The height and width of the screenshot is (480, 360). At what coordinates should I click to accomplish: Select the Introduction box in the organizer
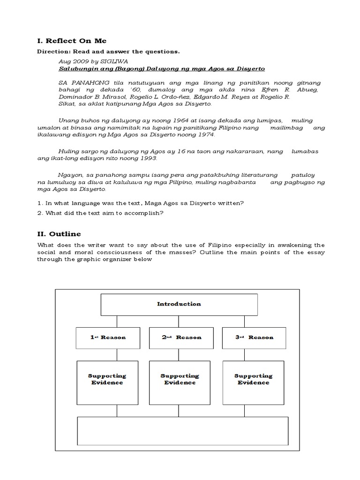[x=179, y=304]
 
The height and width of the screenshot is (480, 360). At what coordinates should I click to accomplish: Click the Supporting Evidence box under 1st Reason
[x=107, y=382]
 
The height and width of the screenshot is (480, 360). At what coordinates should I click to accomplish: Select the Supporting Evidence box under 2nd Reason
[x=180, y=382]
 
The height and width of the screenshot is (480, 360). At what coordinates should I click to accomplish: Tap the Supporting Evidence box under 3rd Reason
[x=254, y=382]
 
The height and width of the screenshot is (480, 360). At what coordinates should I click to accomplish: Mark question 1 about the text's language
[x=140, y=203]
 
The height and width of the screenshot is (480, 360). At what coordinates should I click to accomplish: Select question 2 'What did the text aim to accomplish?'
[x=100, y=213]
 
